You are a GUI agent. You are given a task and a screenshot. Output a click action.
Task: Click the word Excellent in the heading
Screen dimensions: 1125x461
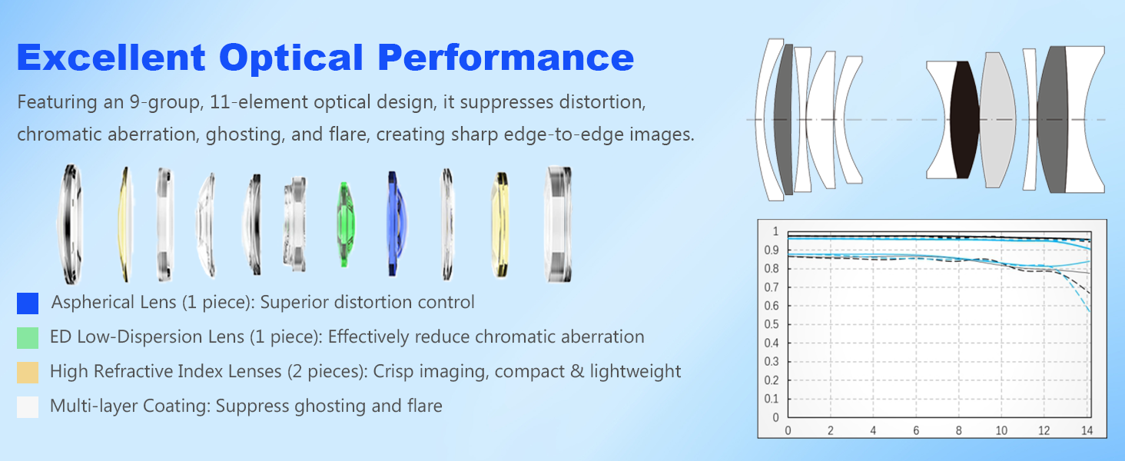(111, 58)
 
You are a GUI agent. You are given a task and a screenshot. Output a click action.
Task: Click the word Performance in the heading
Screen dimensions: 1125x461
(506, 58)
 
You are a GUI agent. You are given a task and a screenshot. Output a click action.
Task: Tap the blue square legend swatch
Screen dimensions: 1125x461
(28, 303)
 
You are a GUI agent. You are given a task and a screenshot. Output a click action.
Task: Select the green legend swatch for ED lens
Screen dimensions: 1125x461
(28, 338)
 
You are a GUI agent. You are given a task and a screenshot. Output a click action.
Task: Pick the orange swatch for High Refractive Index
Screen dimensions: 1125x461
(28, 373)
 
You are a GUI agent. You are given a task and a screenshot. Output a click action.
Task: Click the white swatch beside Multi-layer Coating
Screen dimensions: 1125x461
(28, 407)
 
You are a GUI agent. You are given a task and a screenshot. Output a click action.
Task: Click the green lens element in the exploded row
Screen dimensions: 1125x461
(345, 224)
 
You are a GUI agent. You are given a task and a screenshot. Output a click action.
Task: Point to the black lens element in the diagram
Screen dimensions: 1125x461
(964, 120)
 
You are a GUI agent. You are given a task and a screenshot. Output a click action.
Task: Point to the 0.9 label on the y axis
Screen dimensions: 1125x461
(772, 250)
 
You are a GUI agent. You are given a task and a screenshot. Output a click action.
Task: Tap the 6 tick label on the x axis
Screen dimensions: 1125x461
(916, 430)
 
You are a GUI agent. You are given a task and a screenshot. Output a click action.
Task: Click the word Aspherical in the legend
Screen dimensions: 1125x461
(88, 302)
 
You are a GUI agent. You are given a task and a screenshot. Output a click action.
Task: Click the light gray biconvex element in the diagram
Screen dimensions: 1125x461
(997, 120)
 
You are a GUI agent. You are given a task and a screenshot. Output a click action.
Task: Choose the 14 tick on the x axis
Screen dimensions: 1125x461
(1087, 430)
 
